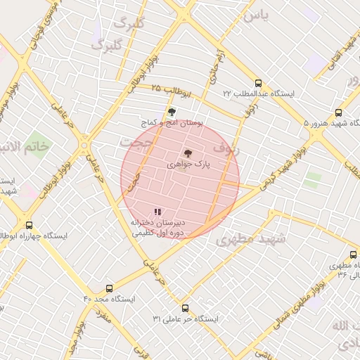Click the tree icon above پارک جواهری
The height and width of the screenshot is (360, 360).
click(x=187, y=153)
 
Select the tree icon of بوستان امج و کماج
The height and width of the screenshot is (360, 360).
click(x=171, y=112)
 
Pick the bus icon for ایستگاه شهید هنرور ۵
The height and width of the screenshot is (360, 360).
click(x=339, y=112)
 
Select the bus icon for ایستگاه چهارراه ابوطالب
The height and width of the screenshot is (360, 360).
click(x=29, y=225)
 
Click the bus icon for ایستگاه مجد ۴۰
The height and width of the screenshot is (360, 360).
click(x=108, y=288)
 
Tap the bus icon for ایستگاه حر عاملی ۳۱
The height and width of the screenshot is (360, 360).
click(x=186, y=308)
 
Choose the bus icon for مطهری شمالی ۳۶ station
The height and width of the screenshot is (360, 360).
click(x=353, y=255)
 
